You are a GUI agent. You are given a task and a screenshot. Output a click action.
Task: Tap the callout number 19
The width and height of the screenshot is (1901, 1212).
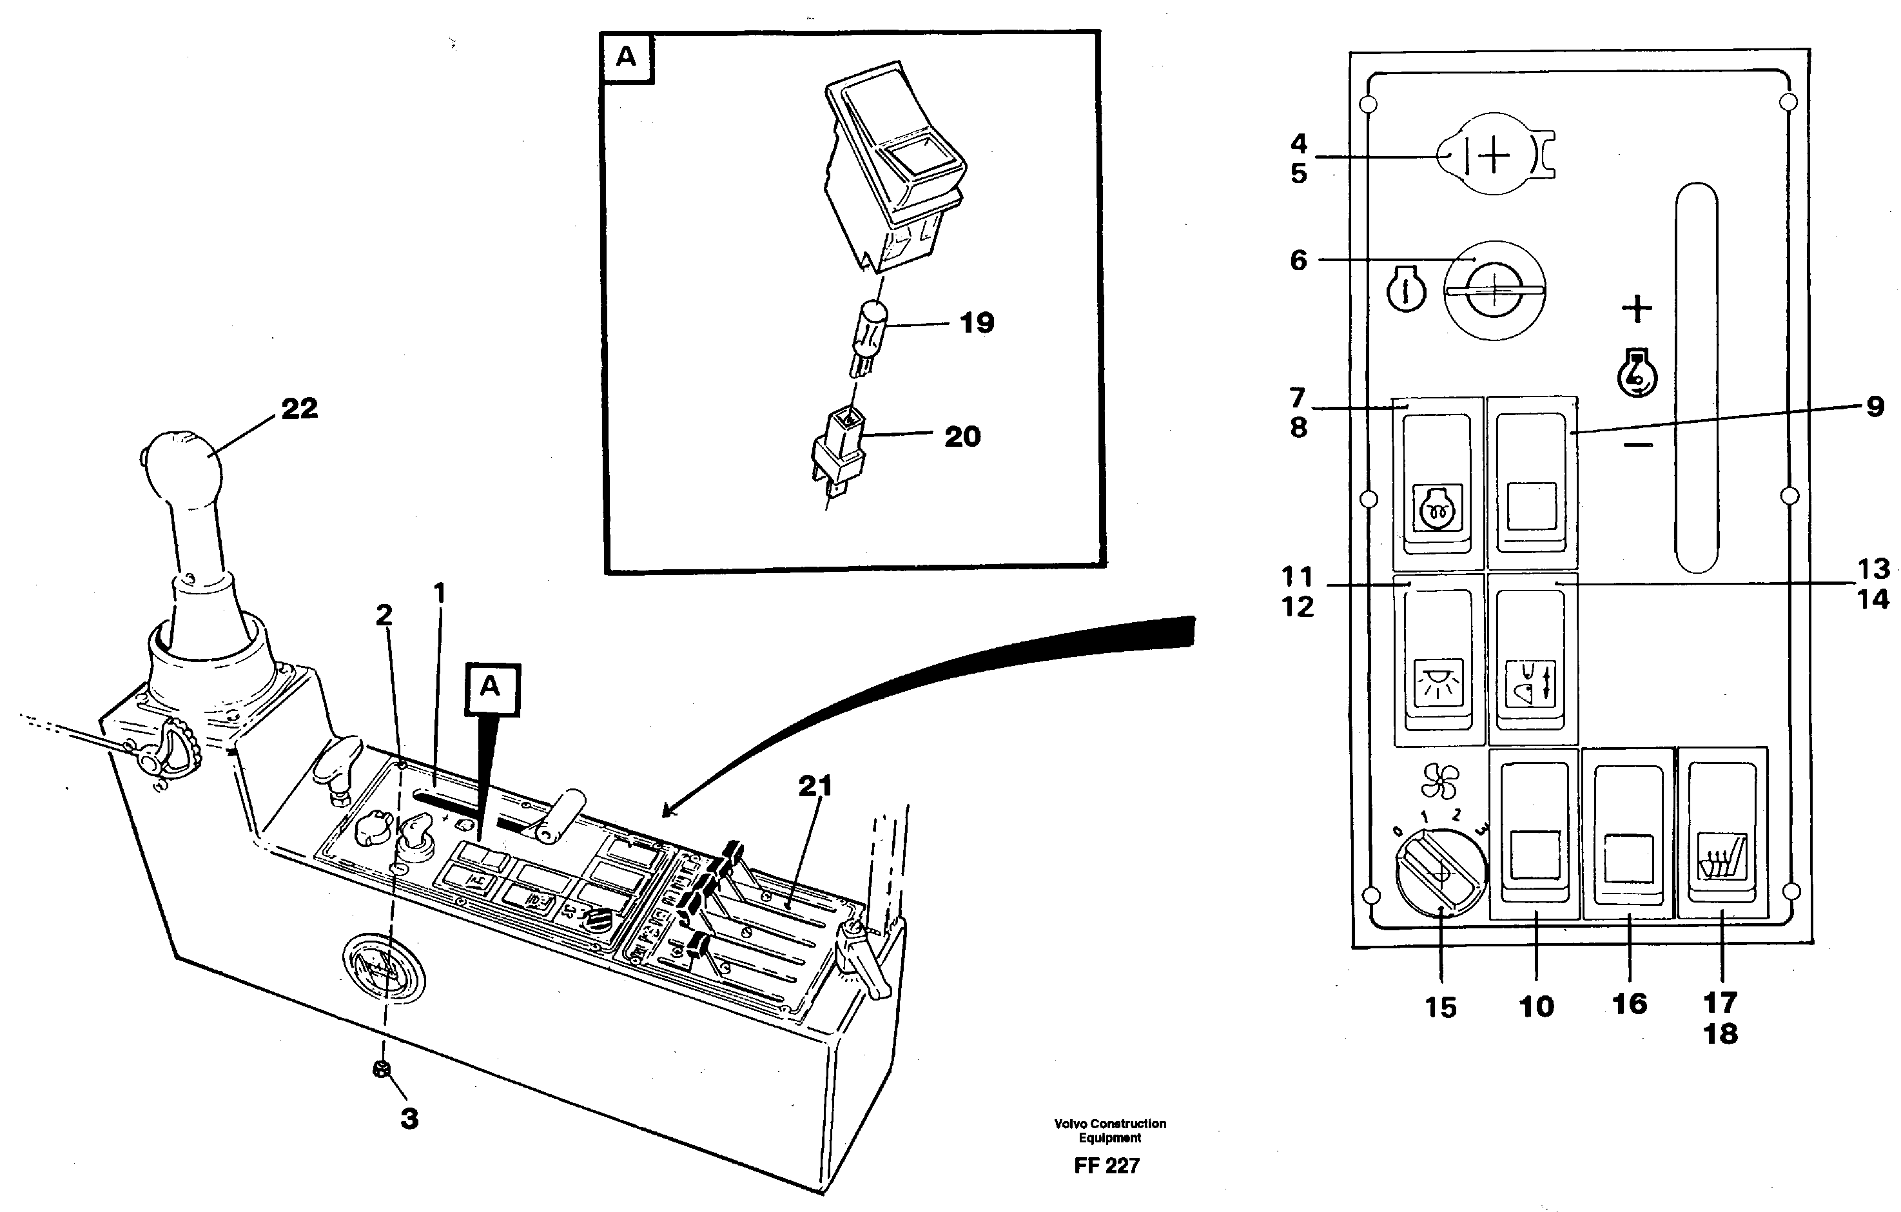[x=977, y=323]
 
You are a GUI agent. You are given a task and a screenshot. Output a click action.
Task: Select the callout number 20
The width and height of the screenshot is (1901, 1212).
[x=962, y=436]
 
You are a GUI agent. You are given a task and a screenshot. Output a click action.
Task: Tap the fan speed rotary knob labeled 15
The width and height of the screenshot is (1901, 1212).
[x=1440, y=874]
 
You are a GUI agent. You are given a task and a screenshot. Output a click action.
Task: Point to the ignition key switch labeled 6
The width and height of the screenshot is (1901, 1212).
[x=1494, y=291]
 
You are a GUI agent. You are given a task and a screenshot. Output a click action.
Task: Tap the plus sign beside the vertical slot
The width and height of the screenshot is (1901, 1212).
[x=1637, y=308]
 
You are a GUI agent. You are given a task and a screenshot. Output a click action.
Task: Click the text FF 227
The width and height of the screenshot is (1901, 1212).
[x=1106, y=1166]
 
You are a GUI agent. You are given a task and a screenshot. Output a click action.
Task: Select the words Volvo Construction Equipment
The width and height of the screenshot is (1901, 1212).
[x=1109, y=1130]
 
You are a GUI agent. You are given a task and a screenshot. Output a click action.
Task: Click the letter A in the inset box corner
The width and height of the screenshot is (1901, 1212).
[x=626, y=57]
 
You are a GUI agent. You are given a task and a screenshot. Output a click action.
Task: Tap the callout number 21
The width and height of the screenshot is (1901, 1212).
[x=815, y=786]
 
